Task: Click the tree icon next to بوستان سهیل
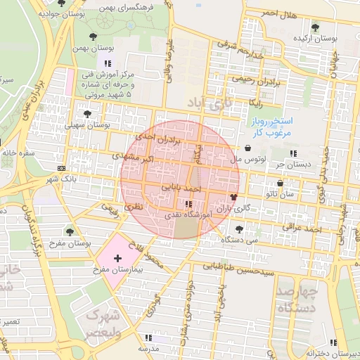point(87,113)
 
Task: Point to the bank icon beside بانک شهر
point(61,168)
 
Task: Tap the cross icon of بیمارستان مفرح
point(117,259)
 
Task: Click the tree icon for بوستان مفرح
point(69,231)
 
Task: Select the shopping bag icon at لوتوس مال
point(250,148)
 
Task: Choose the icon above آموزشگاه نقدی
point(188,203)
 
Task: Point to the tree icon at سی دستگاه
point(240,229)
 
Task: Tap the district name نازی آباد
point(209,104)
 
